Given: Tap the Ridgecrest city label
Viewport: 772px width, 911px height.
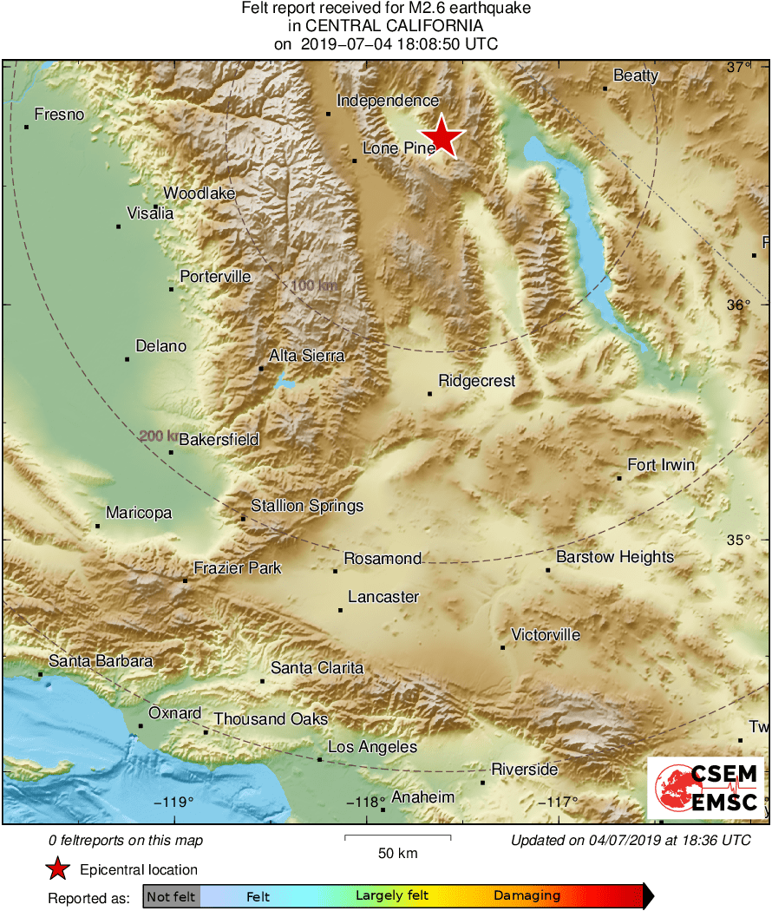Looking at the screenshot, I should pos(476,381).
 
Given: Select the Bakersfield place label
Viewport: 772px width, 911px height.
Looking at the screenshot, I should pos(219,440).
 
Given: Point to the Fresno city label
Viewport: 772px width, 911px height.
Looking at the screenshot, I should pos(59,115).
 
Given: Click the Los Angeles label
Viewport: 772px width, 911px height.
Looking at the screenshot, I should pos(372,747).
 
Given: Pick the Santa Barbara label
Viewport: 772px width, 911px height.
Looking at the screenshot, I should pos(100,661).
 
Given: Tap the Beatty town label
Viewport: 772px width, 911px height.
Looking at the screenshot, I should pos(636,75).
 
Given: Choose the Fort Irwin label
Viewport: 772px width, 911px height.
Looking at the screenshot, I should pos(661,465).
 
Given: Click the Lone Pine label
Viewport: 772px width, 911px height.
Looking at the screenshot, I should pos(398,148).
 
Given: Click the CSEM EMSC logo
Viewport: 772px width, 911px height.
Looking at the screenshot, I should pos(706,788).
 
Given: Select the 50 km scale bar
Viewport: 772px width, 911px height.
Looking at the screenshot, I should pos(397,837).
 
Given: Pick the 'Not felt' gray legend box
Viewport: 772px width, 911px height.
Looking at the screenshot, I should pos(171,895).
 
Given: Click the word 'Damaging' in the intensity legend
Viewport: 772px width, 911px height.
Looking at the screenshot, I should pos(527,895).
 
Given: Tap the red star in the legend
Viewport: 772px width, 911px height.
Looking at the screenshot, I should pos(58,868).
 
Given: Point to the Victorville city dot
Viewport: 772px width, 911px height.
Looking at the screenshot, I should pos(503,647).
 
